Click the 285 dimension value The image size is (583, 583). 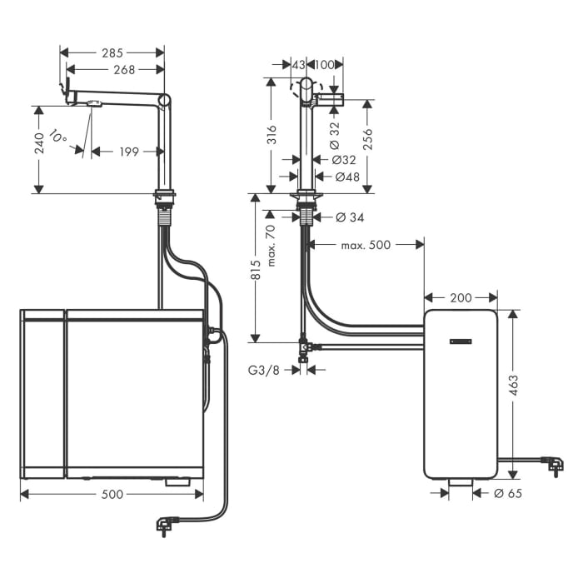(112, 52)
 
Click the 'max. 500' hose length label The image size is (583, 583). (366, 245)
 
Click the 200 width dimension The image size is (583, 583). (461, 297)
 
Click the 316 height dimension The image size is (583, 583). (271, 134)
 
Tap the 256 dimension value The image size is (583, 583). (367, 138)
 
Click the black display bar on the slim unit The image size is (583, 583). (461, 341)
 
